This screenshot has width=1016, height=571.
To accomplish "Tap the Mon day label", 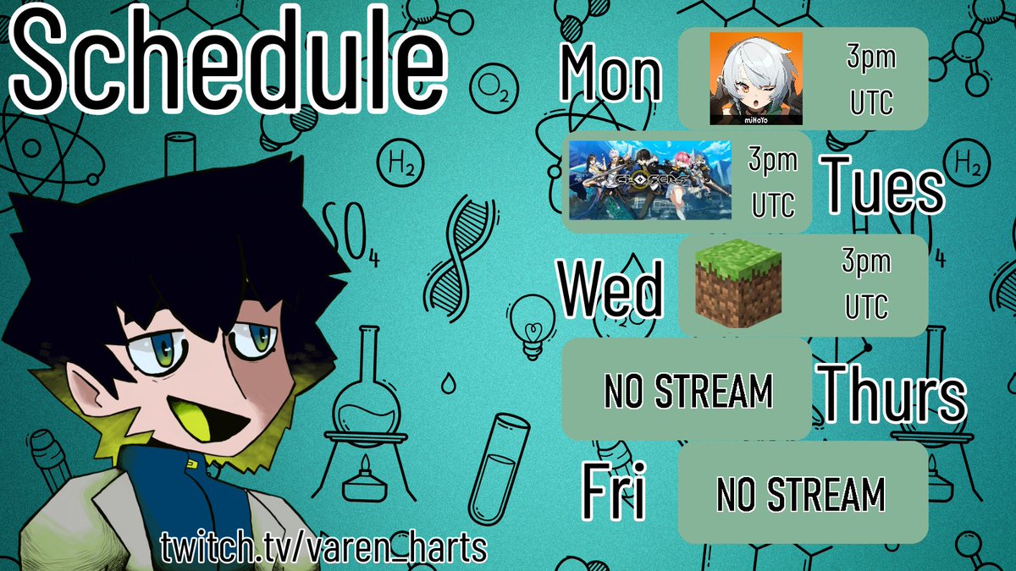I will point(610,74).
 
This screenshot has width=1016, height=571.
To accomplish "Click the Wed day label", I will point(610,290).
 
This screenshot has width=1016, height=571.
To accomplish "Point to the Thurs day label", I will point(894,393).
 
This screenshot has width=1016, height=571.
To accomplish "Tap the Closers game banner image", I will point(650,180).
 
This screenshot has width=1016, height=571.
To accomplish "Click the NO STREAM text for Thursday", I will point(688,391).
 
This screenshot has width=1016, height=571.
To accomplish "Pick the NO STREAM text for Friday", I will point(800,494).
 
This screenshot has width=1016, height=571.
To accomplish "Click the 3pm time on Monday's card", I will point(871,59).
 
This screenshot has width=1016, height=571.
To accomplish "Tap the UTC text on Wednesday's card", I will point(865,307).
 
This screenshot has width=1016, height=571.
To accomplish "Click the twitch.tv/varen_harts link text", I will point(324,548).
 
